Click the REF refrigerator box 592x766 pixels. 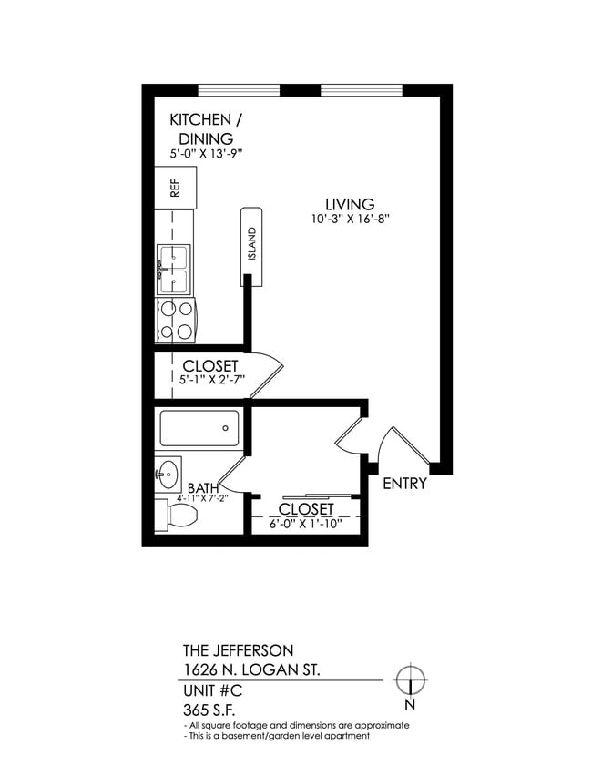point(174,188)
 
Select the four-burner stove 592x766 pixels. point(176,319)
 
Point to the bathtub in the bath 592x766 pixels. point(199,428)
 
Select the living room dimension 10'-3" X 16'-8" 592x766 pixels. point(350,219)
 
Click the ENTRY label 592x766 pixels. point(404,484)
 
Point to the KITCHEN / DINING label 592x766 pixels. point(207,129)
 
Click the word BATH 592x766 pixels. point(203,488)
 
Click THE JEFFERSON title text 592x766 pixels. point(239,650)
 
